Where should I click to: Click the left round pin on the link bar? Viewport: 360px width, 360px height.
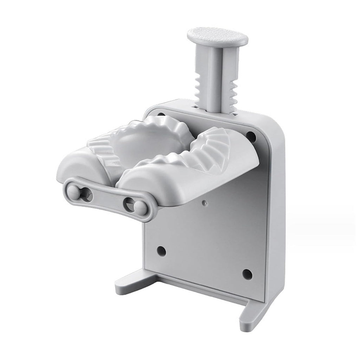point(74,193)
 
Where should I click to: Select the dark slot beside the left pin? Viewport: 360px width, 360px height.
point(86,195)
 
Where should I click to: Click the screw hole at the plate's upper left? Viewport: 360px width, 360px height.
point(160,115)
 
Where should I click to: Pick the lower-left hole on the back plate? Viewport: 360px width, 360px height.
point(161,251)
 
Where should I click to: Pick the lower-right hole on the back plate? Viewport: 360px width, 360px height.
point(247,274)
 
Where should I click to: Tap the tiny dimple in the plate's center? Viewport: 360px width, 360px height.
point(205,203)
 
